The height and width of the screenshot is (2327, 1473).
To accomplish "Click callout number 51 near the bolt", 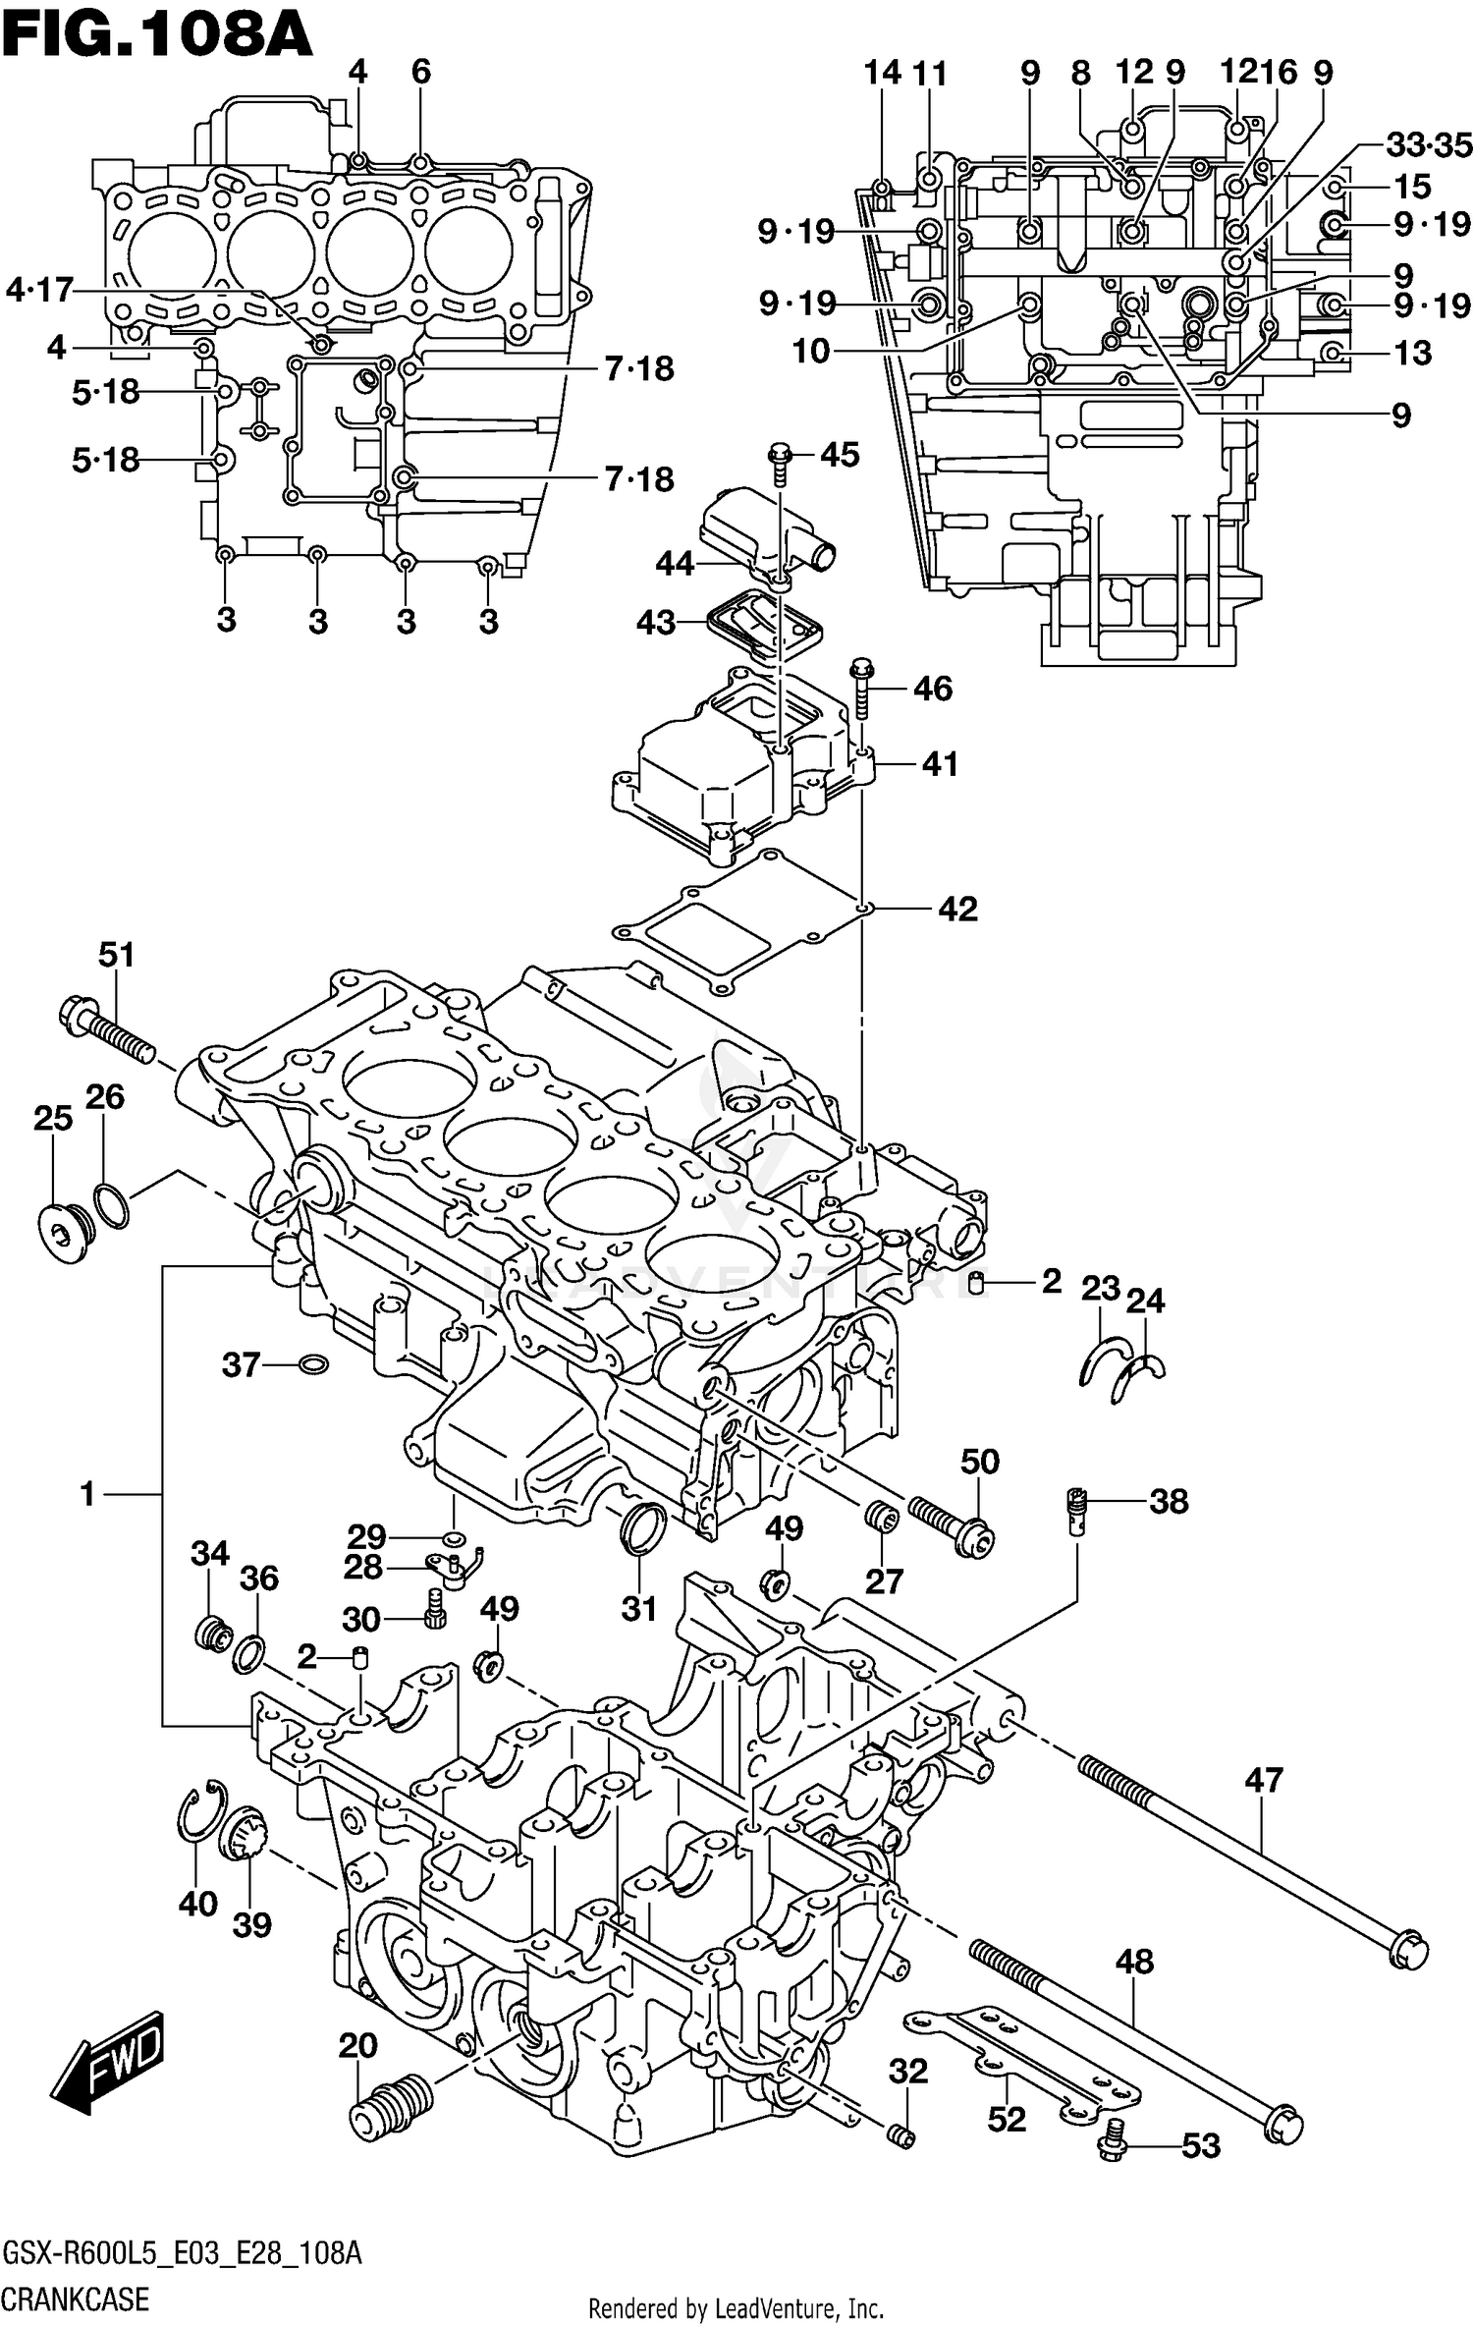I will point(116,954).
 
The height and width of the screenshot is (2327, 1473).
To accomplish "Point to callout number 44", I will point(675,564).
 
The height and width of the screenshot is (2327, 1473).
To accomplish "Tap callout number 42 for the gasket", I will point(957,909).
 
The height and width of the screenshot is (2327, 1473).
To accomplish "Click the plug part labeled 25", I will point(64,1228).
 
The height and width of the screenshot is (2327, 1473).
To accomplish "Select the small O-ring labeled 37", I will point(312,1364).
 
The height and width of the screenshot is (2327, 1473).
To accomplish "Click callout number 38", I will point(1168,1501).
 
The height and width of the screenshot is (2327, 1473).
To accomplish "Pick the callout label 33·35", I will point(1429,145).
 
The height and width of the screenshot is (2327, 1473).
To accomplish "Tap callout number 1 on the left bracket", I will point(87,1494).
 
